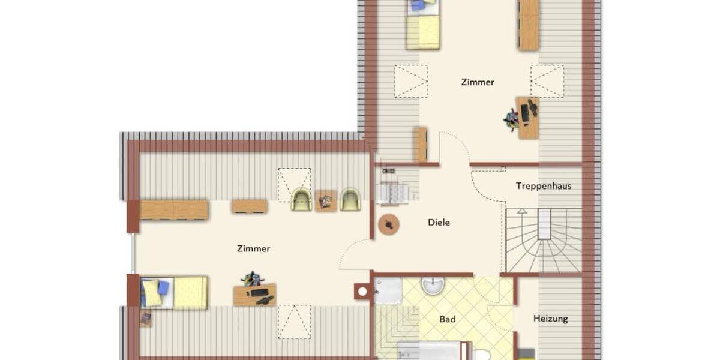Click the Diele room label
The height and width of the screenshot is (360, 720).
pyautogui.click(x=439, y=223)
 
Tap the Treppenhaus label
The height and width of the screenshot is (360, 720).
pyautogui.click(x=543, y=186)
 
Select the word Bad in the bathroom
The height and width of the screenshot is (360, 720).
pyautogui.click(x=447, y=319)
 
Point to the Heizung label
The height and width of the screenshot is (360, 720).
pyautogui.click(x=550, y=319)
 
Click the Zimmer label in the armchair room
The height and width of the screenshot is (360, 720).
pyautogui.click(x=253, y=248)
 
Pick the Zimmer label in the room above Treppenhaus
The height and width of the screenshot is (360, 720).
pyautogui.click(x=478, y=82)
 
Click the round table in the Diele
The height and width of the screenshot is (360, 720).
pyautogui.click(x=389, y=224)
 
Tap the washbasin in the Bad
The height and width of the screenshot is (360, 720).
pyautogui.click(x=433, y=285)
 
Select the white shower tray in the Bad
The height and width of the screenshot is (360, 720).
pyautogui.click(x=388, y=290)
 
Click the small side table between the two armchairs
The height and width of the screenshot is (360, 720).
pyautogui.click(x=326, y=201)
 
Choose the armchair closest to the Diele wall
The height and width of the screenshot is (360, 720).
pyautogui.click(x=350, y=199)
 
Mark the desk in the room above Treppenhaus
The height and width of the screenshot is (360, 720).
pyautogui.click(x=528, y=118)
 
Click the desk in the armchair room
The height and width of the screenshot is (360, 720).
pyautogui.click(x=254, y=294)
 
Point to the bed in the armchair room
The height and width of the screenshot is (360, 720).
pyautogui.click(x=174, y=292)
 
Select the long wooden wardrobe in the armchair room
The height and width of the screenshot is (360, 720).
pyautogui.click(x=173, y=210)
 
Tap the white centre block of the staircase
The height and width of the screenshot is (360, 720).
pyautogui.click(x=544, y=224)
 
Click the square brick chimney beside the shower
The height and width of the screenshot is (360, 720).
pyautogui.click(x=362, y=292)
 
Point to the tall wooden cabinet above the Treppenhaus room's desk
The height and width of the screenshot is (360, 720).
pyautogui.click(x=529, y=24)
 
